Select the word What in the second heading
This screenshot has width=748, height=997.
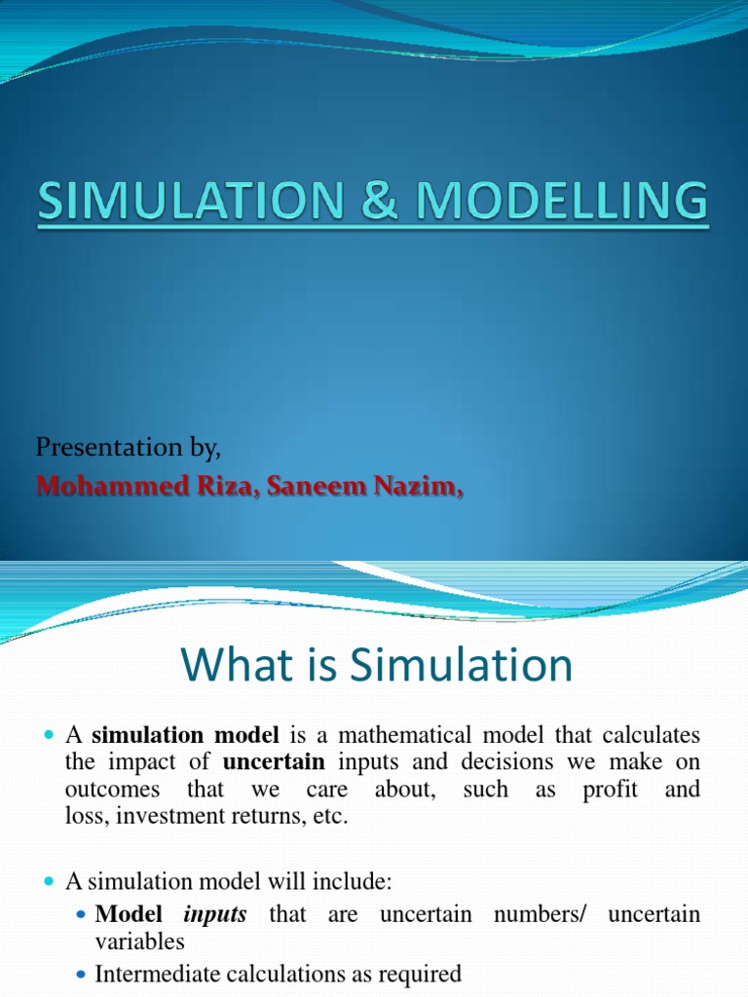pos(227,667)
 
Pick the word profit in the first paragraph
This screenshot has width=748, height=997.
pos(610,790)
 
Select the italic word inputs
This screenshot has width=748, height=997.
pos(215,915)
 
